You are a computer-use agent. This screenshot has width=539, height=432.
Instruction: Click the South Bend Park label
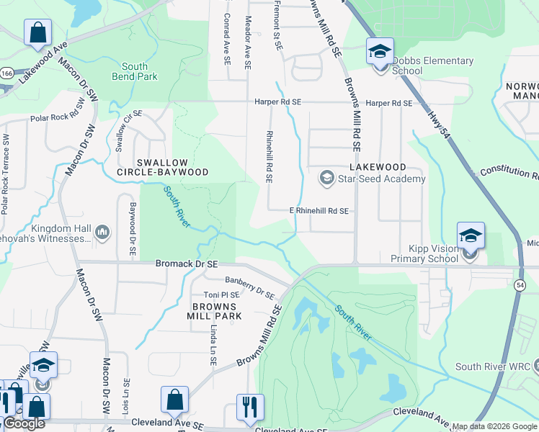coord(135,71)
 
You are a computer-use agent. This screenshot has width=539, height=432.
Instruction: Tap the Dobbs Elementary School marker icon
coord(380,53)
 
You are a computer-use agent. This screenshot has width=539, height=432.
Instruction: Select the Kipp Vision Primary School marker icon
coord(470,237)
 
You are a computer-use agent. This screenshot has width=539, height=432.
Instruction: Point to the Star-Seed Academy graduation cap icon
coord(326,178)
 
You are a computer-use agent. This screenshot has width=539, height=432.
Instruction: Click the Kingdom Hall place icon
coord(102,232)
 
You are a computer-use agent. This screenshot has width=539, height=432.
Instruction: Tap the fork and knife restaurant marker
coord(250,406)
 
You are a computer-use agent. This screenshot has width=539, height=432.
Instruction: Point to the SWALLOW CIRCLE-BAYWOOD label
coord(164,167)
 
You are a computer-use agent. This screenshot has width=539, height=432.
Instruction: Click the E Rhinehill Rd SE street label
coord(318,211)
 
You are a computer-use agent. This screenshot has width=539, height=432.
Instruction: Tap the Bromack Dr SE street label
coord(187,264)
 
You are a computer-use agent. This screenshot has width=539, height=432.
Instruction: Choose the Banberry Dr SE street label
coord(249,287)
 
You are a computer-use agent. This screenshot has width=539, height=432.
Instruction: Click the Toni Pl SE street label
coord(220,295)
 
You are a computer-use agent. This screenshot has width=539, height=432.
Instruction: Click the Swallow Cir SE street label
coord(130,130)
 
